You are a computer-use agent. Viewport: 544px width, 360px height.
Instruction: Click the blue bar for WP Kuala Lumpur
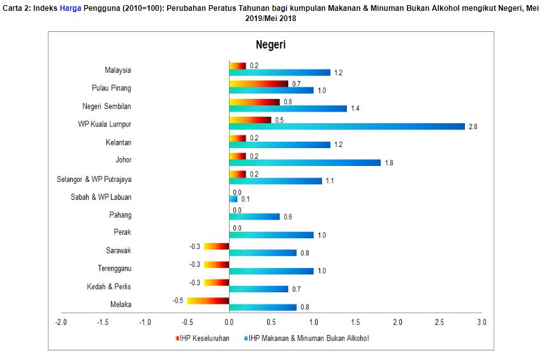coord(347,126)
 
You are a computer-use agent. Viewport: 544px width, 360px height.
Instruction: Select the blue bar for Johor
coord(305,162)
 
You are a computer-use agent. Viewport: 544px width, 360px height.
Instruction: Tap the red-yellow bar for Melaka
coord(208,301)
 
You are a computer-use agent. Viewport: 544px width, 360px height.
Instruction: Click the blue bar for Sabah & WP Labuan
coord(233,199)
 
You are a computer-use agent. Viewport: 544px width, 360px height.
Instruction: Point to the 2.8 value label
coord(473,127)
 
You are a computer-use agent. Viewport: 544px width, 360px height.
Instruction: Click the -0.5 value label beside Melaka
coord(178,299)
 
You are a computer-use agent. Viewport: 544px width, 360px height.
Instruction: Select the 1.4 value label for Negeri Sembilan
coord(355,109)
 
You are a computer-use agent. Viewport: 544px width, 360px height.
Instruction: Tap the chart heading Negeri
coord(271,45)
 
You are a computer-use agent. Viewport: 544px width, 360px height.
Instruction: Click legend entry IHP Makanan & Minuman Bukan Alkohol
coord(309,338)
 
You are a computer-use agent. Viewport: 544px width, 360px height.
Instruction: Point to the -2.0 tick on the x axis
coord(61,322)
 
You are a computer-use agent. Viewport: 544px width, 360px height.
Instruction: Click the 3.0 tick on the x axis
coord(482,322)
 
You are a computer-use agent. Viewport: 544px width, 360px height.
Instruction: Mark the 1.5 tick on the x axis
coord(355,322)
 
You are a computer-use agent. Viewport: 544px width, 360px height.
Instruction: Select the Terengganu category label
coord(114,268)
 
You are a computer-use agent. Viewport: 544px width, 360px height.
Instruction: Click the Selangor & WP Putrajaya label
coord(94,179)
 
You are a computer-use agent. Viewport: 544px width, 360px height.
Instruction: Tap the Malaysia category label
coord(118,70)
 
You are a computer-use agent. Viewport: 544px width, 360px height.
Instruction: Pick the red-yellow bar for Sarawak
coord(216,246)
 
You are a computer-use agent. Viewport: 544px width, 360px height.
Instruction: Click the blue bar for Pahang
coord(254,216)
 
